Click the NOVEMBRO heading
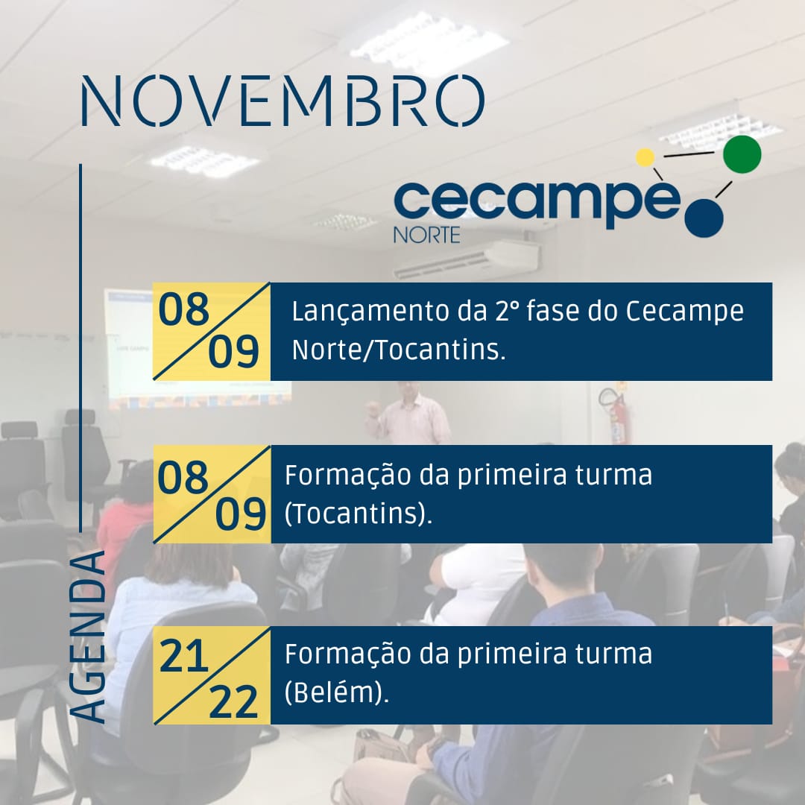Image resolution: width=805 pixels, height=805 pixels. click(x=283, y=101)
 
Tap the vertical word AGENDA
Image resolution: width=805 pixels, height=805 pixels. click(x=88, y=637)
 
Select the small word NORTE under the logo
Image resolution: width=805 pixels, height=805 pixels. click(x=426, y=235)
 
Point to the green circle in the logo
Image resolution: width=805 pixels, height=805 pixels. click(x=742, y=154)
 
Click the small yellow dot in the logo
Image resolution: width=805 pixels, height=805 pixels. click(x=645, y=157)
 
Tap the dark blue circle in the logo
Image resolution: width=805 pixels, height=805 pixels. click(x=704, y=218)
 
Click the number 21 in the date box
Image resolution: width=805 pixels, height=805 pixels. click(x=183, y=657)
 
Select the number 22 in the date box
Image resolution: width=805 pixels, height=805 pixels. click(x=233, y=702)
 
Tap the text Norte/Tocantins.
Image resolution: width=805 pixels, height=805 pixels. click(x=399, y=350)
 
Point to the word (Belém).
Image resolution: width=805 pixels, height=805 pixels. click(x=337, y=693)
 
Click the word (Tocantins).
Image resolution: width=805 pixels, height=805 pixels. click(x=359, y=514)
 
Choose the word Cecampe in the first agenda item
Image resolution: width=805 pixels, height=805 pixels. click(x=685, y=312)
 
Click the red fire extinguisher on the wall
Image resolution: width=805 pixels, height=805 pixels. click(x=614, y=415)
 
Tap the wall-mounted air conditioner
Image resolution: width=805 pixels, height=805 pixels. click(x=467, y=260)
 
